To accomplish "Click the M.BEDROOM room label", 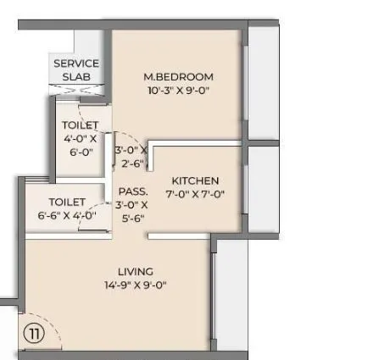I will coord(178,77).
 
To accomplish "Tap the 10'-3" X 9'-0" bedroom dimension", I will coord(178,90).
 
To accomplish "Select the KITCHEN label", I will coord(195,180).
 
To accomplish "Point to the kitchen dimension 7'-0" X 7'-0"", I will coord(195,194).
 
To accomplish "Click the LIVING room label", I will coord(136,272).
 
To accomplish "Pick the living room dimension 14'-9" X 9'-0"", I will coord(136,285).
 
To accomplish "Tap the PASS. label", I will coord(133,191).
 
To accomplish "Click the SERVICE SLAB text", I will coord(76,69).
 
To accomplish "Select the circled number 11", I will coord(33,333).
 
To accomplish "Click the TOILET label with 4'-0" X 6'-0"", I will coord(80,125).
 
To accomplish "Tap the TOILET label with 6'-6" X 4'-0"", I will coord(67,202).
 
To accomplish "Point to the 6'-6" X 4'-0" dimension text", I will coord(67,216).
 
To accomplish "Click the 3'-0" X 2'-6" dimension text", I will coord(131,157).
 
